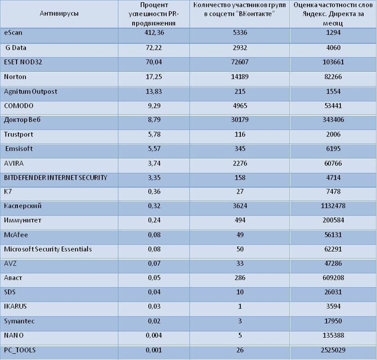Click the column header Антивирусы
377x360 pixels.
click(x=59, y=14)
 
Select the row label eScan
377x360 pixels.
click(x=13, y=33)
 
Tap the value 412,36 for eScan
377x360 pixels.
click(x=154, y=33)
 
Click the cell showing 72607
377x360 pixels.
click(x=240, y=62)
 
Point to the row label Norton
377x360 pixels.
click(x=15, y=77)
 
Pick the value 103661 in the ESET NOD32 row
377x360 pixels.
click(x=333, y=62)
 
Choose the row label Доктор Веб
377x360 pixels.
click(x=22, y=120)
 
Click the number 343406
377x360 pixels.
click(x=333, y=120)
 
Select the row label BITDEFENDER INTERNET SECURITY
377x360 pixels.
click(x=56, y=178)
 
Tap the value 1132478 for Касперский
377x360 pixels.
click(x=333, y=206)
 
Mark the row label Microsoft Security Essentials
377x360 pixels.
click(x=48, y=249)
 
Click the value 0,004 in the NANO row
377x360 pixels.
click(x=154, y=335)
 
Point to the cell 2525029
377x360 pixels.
click(x=333, y=350)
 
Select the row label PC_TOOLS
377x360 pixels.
click(x=20, y=350)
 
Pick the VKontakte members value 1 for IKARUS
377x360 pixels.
click(x=240, y=306)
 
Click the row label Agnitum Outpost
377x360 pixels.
click(x=31, y=91)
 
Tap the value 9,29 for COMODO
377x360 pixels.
click(x=154, y=106)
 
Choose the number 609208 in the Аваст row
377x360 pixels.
click(x=333, y=278)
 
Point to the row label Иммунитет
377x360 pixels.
click(x=23, y=220)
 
